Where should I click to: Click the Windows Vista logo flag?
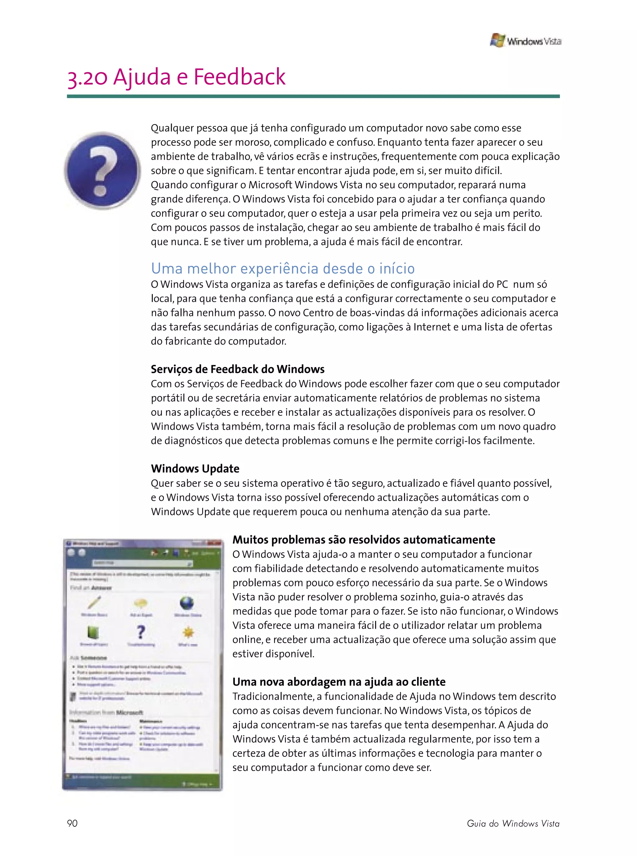(x=497, y=40)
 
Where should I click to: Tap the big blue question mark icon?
(x=103, y=170)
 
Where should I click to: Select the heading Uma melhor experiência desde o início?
(x=283, y=268)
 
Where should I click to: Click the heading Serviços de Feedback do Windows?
(x=238, y=369)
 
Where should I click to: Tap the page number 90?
(x=72, y=823)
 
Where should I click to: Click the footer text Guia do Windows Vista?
(x=513, y=823)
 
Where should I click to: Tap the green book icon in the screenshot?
(x=93, y=632)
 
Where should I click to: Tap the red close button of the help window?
(x=214, y=543)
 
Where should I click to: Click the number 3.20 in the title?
(x=87, y=77)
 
